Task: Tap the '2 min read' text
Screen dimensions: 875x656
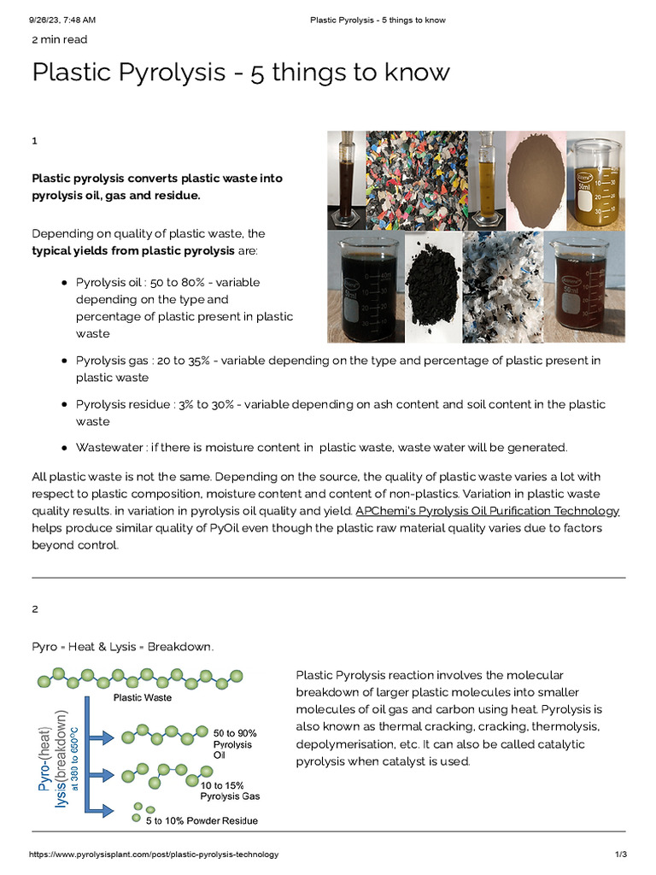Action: (x=59, y=39)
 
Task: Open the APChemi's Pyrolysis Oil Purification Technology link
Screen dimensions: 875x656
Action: (x=487, y=511)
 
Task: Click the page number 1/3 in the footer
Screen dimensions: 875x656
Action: (x=621, y=854)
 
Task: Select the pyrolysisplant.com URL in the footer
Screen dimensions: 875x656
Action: (x=154, y=854)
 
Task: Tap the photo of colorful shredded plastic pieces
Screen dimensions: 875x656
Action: (x=416, y=180)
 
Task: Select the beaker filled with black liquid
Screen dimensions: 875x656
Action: (x=364, y=286)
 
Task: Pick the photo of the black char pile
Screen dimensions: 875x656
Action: (x=430, y=288)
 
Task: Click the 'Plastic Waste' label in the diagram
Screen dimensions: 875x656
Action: (x=143, y=697)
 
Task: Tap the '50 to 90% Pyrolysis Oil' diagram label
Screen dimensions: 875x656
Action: (x=234, y=744)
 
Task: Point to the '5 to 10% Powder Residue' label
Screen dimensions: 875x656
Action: (x=202, y=821)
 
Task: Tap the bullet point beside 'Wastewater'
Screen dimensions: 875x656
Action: (x=64, y=448)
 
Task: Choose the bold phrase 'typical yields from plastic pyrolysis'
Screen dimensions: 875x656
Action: (x=132, y=251)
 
